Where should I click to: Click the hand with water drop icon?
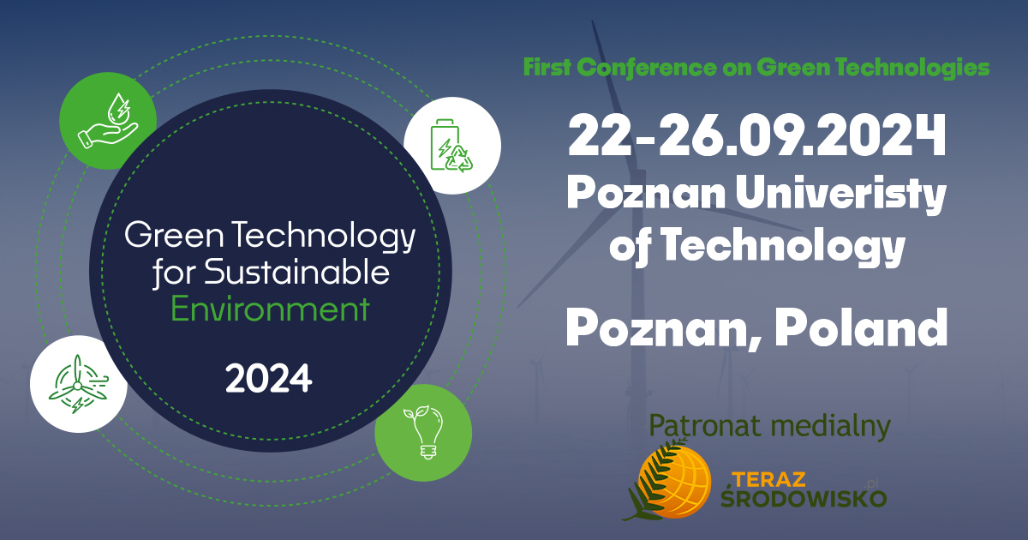click(x=108, y=121)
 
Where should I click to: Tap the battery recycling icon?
click(x=451, y=146)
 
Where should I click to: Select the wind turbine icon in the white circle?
click(x=79, y=384)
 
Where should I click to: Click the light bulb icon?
click(x=423, y=432)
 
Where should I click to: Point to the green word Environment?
click(x=270, y=309)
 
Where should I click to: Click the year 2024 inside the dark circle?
click(x=268, y=379)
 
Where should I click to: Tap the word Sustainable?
click(x=296, y=273)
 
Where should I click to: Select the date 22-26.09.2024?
click(x=756, y=136)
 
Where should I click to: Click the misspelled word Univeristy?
click(x=840, y=195)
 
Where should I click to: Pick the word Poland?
click(x=861, y=327)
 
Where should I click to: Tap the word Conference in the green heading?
click(x=646, y=68)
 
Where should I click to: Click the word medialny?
click(x=831, y=427)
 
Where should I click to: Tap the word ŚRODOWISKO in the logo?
click(x=804, y=497)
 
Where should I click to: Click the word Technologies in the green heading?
click(x=912, y=68)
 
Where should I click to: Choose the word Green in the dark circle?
click(x=174, y=235)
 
